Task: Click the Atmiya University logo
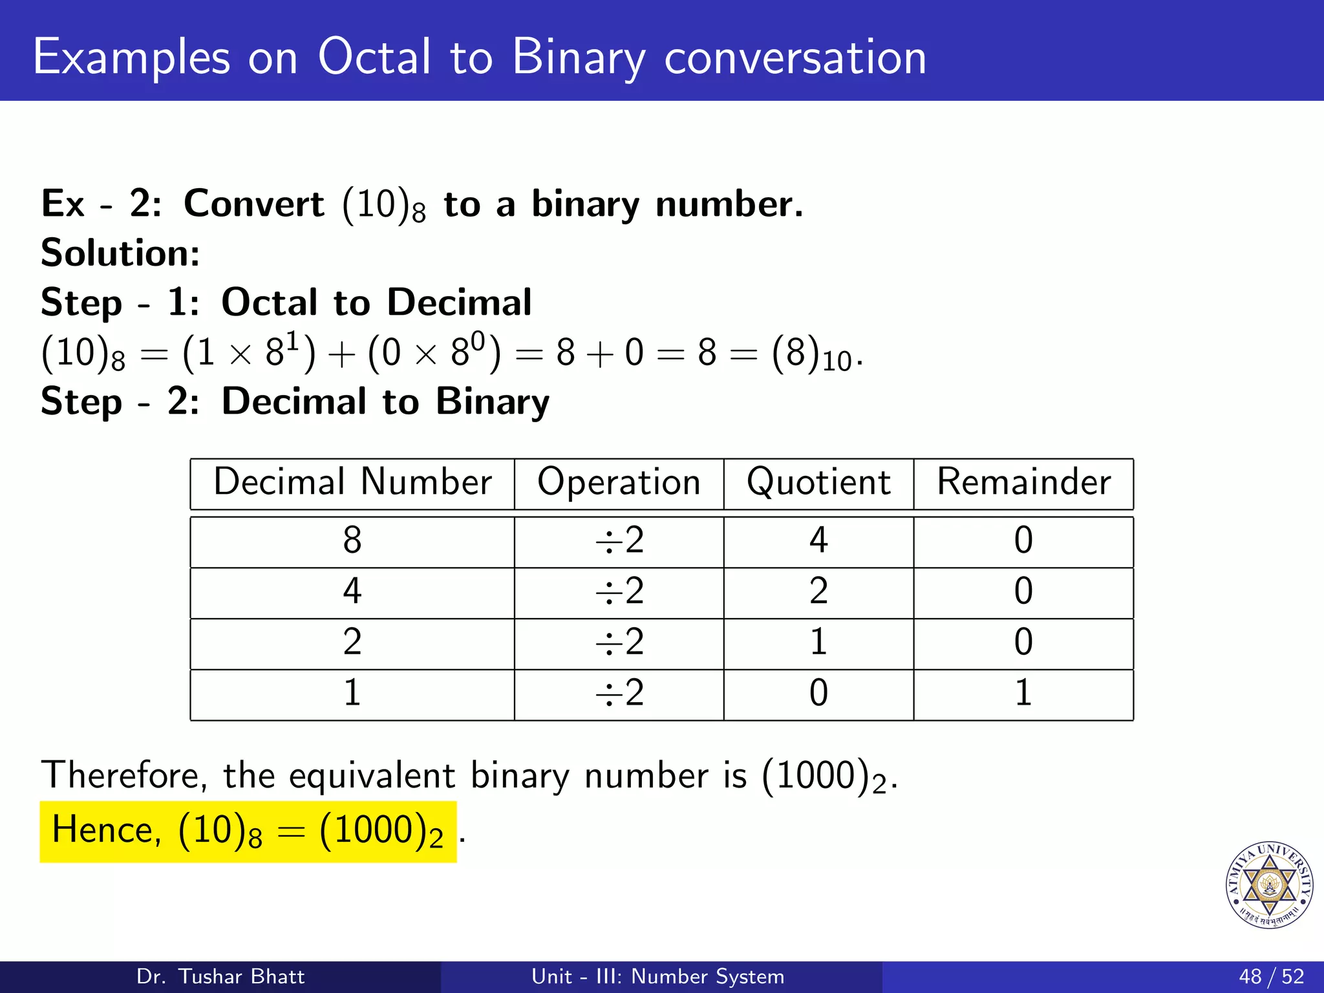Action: (x=1269, y=885)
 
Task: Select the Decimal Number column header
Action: (x=352, y=482)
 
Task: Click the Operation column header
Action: (x=619, y=482)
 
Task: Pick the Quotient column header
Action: (x=818, y=482)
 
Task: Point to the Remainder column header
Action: (x=1023, y=482)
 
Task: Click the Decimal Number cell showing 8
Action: (x=352, y=540)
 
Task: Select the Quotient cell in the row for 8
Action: (x=818, y=540)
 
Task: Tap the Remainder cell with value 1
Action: (x=1023, y=693)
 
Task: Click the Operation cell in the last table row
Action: (x=619, y=693)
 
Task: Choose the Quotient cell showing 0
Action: (x=818, y=693)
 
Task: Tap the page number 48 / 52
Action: (x=1271, y=976)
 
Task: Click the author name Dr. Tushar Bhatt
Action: (x=220, y=976)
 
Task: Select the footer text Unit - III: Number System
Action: (x=657, y=976)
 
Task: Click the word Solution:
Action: (x=120, y=253)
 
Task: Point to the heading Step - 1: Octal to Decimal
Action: (x=286, y=303)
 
